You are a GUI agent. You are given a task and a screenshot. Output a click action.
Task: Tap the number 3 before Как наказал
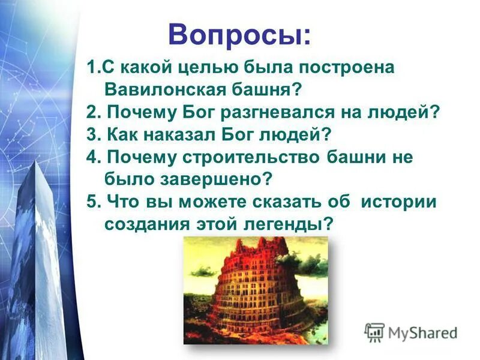[x=91, y=134]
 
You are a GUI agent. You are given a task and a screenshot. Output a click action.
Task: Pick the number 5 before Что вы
[x=91, y=201]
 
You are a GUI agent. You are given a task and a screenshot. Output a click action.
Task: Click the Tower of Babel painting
[x=256, y=290]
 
